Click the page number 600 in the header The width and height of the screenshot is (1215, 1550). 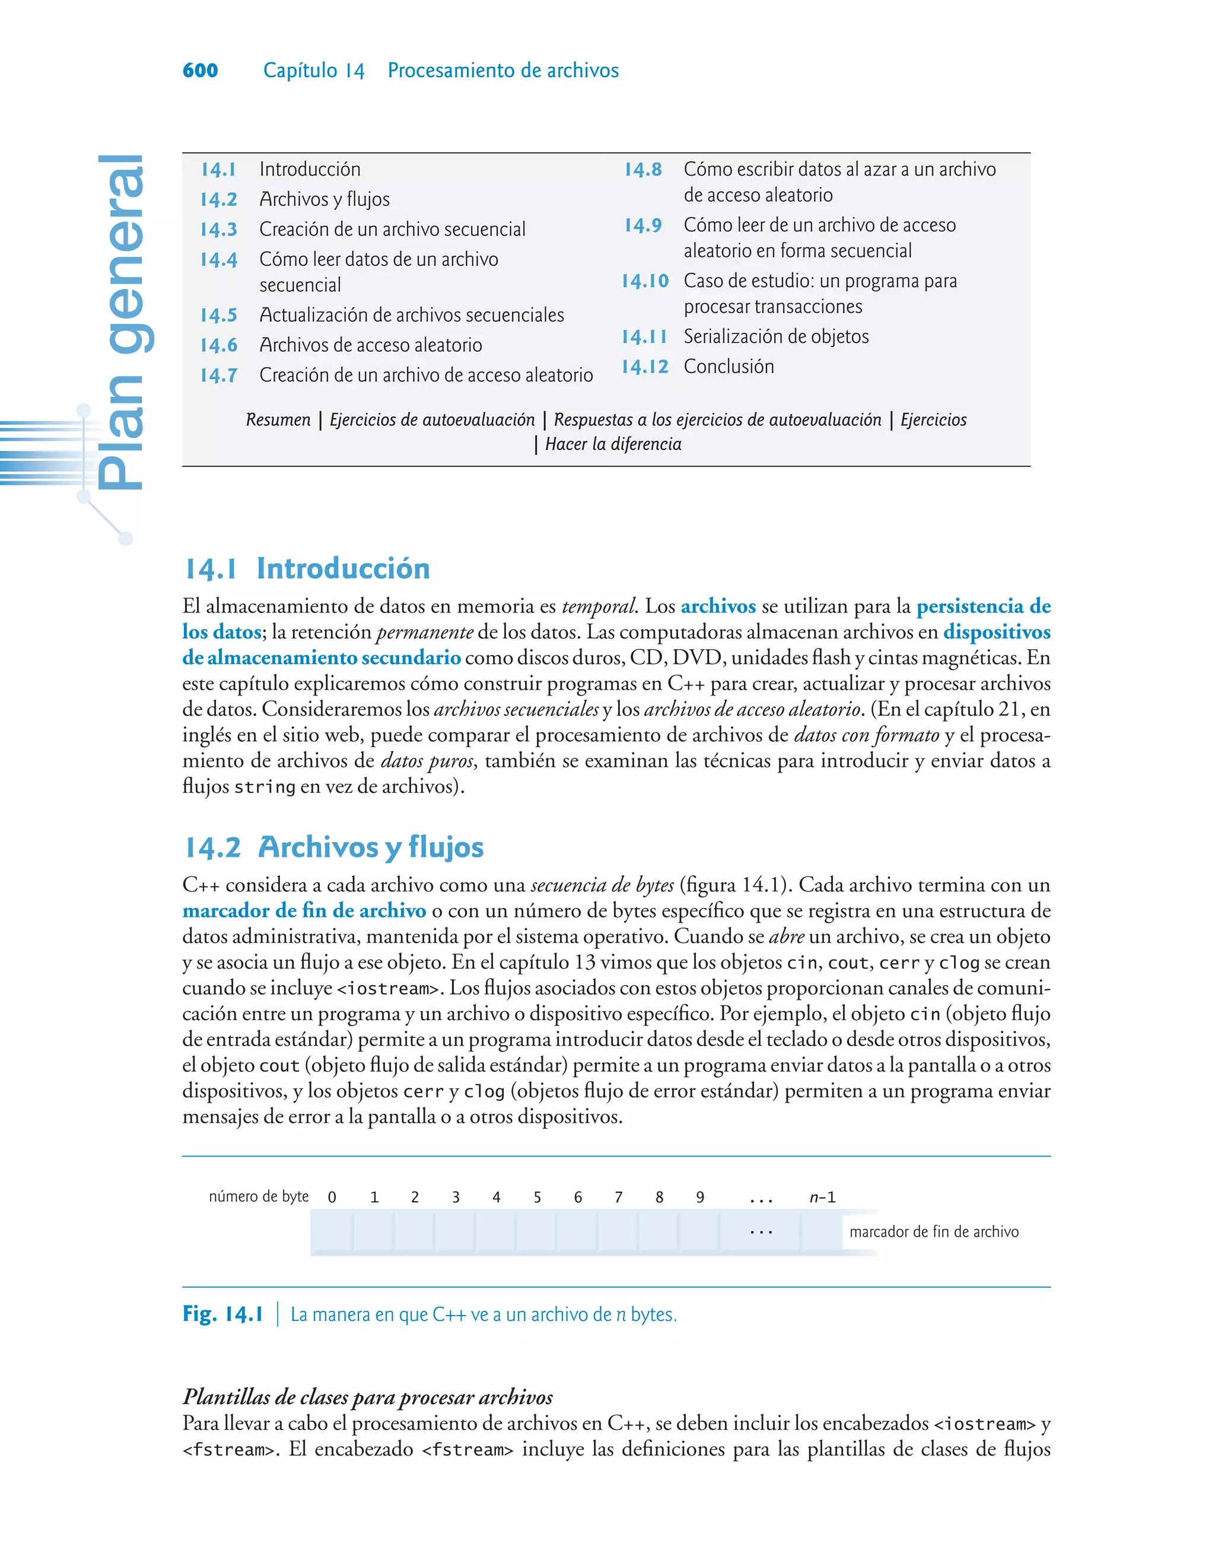point(200,71)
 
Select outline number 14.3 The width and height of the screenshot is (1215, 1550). point(218,230)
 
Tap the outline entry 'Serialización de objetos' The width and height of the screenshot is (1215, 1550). point(776,336)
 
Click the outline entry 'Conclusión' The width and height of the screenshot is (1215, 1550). point(729,366)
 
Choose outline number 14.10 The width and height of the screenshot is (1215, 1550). point(644,281)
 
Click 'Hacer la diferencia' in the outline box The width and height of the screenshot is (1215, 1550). point(612,444)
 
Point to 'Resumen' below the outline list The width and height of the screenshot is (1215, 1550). point(278,420)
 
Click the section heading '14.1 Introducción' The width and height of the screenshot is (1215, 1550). point(307,568)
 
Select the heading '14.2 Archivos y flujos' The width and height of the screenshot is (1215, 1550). point(333,846)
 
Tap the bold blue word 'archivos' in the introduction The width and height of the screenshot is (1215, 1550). point(718,606)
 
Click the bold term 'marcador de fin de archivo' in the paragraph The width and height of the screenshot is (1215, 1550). point(304,910)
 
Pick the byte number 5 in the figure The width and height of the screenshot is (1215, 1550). point(537,1197)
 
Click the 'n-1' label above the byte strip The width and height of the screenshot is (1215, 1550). point(822,1197)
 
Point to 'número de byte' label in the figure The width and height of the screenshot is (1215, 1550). point(258,1196)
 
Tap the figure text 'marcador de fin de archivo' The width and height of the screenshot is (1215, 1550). point(933,1231)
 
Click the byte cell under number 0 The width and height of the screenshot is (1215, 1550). point(332,1231)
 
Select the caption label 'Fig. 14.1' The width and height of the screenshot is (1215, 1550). point(222,1314)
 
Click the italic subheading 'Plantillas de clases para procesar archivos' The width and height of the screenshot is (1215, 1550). point(367,1396)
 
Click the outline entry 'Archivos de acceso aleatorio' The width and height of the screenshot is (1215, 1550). point(370,345)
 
